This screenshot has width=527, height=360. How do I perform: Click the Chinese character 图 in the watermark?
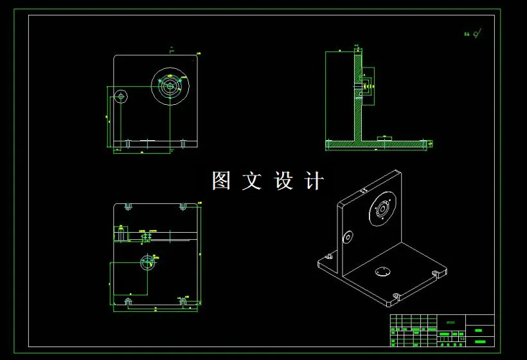pyautogui.click(x=221, y=181)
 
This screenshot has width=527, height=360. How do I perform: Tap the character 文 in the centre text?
pyautogui.click(x=252, y=181)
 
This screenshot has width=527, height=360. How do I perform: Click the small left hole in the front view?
pyautogui.click(x=120, y=96)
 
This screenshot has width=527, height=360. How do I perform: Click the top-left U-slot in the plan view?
pyautogui.click(x=128, y=206)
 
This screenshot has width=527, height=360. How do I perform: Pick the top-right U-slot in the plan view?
pyautogui.click(x=183, y=206)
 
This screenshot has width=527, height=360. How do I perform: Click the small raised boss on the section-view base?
pyautogui.click(x=384, y=137)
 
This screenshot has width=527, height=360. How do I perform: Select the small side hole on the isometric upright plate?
pyautogui.click(x=348, y=237)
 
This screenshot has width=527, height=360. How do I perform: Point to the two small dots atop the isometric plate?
pyautogui.click(x=364, y=190)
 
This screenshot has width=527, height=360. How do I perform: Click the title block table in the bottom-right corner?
pyautogui.click(x=442, y=330)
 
